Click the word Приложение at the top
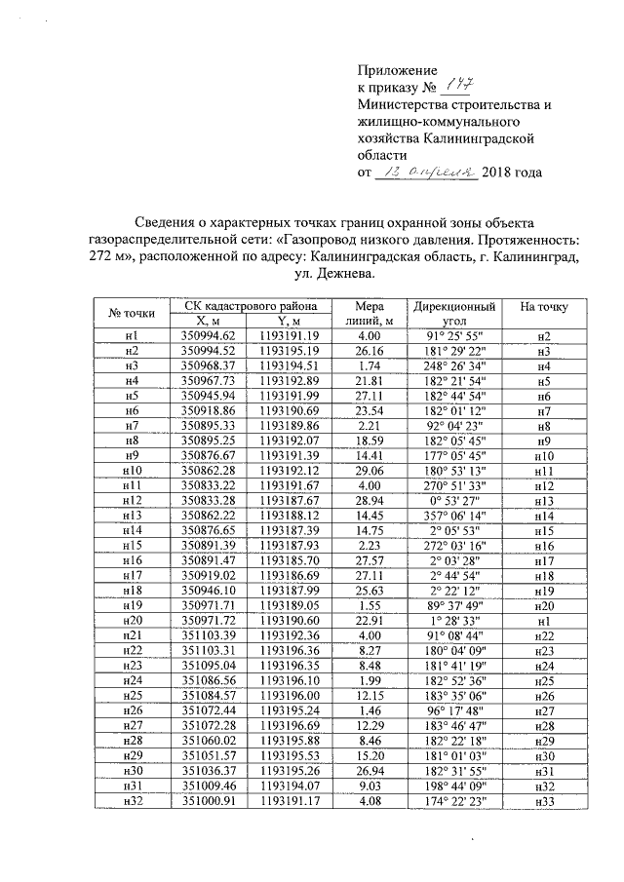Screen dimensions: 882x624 click(399, 71)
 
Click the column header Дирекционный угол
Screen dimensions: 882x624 click(453, 313)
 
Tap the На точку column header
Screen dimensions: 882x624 click(544, 306)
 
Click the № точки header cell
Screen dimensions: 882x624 click(132, 313)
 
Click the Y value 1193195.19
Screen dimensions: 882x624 click(292, 350)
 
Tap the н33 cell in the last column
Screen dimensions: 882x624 click(544, 801)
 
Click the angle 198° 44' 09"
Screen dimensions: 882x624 click(453, 787)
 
